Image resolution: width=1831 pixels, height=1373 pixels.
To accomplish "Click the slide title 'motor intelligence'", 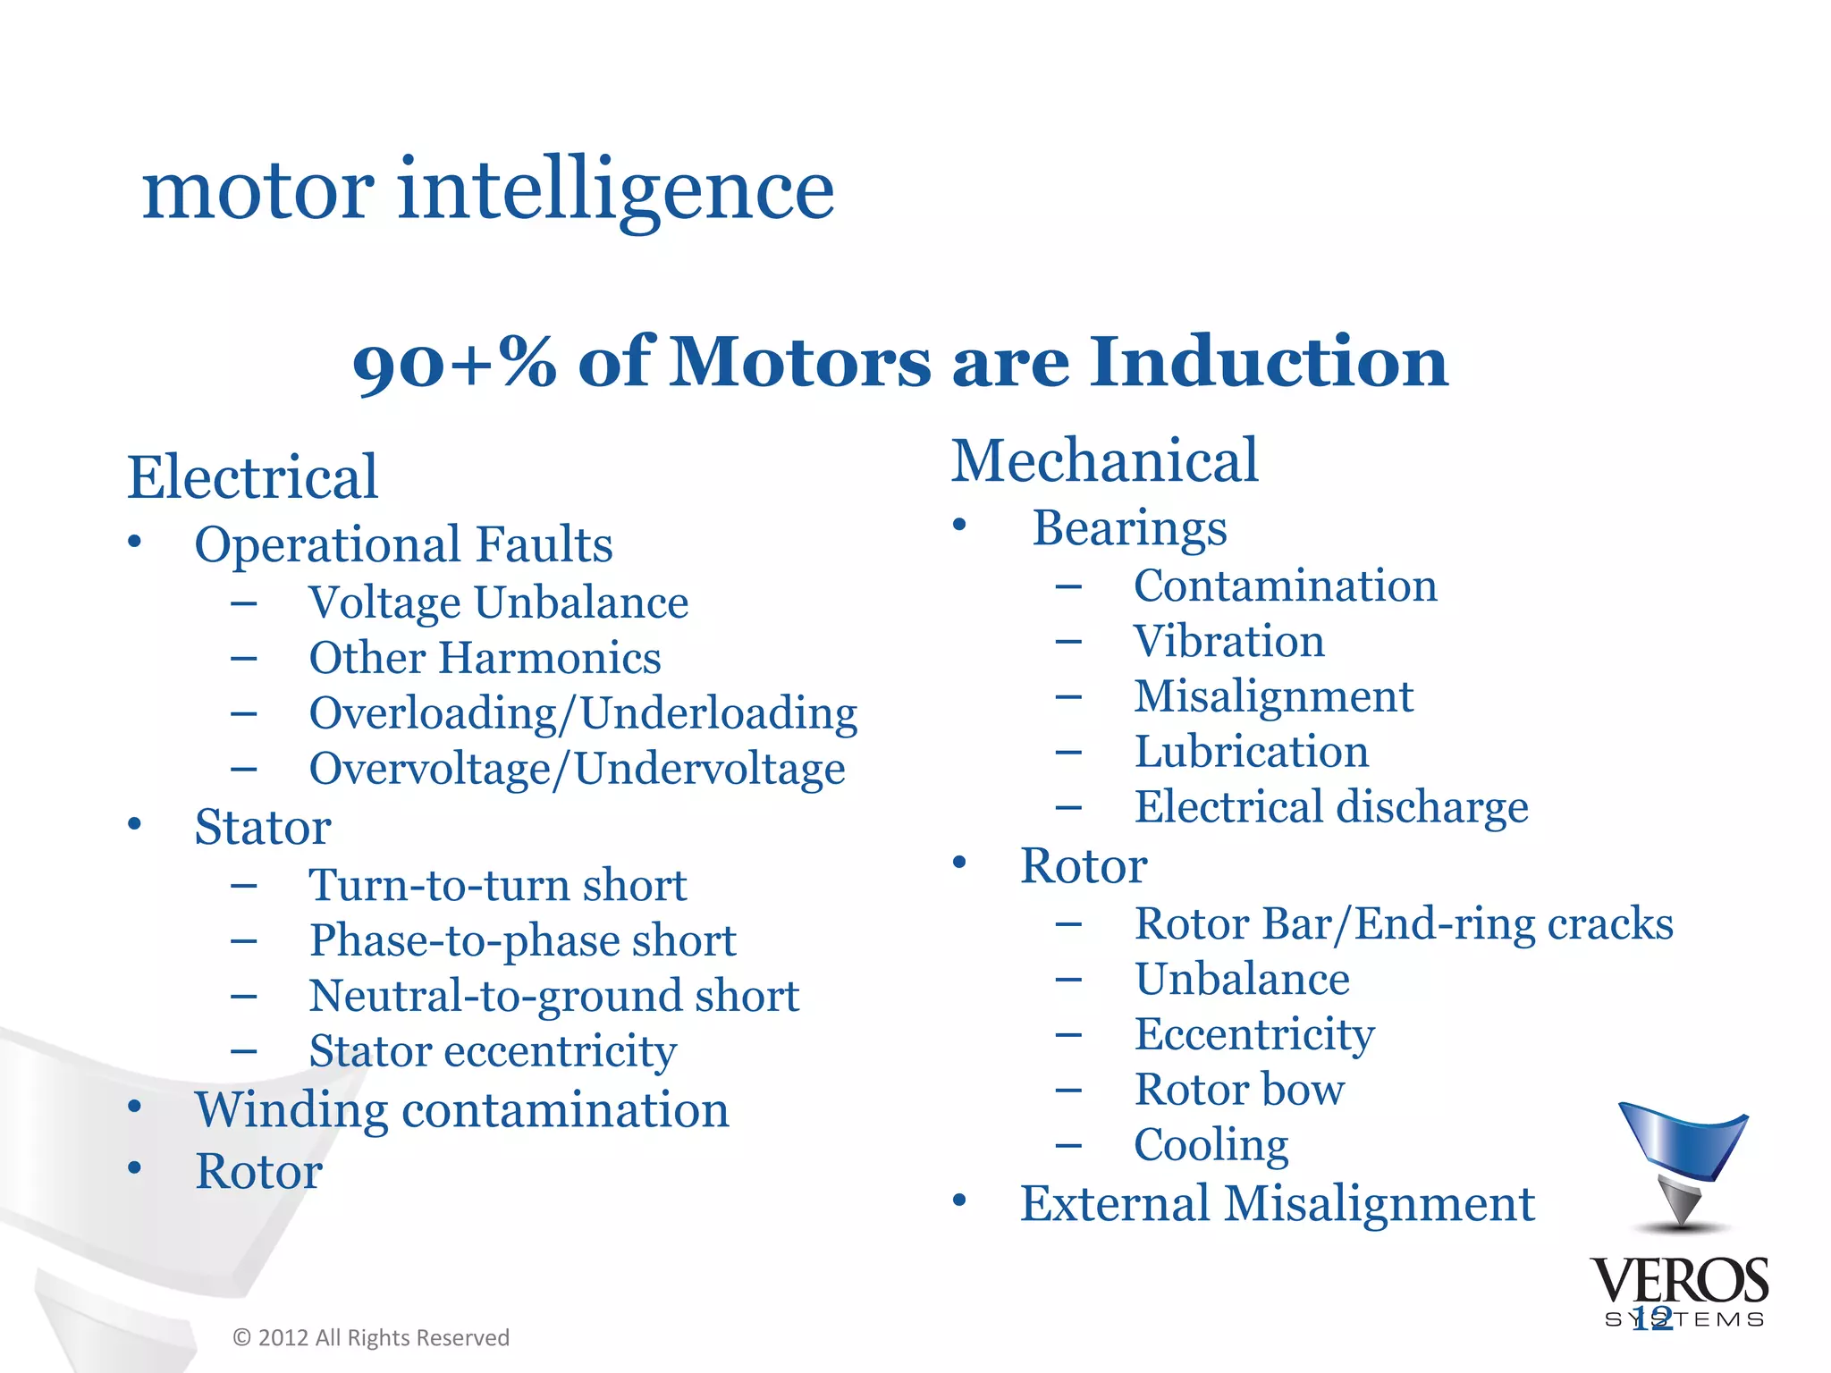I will click(x=488, y=190).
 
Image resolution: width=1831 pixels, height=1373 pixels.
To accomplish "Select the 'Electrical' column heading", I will click(x=252, y=477).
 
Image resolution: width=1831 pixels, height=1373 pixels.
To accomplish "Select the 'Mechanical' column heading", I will click(x=1104, y=461).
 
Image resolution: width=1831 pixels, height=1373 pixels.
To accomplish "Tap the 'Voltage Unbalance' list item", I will click(x=498, y=602).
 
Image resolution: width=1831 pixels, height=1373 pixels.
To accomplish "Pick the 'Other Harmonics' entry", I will click(x=485, y=658).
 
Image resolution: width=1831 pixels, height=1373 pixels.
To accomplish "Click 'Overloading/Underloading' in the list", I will click(x=583, y=713).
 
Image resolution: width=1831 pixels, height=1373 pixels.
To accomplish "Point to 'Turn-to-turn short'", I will click(x=497, y=885).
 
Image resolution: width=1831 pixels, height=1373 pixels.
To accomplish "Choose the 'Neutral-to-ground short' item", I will click(x=553, y=996).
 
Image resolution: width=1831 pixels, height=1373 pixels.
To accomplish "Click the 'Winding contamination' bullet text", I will click(x=462, y=1110).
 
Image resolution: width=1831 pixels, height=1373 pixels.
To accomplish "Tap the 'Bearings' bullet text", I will click(x=1129, y=527).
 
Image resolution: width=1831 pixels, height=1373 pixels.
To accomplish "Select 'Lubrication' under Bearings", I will click(x=1251, y=752).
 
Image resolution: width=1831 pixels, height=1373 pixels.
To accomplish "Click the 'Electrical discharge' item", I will click(x=1331, y=807).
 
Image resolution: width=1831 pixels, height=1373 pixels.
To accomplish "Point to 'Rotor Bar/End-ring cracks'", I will click(x=1404, y=923).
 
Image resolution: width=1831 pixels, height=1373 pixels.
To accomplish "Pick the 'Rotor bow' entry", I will click(x=1239, y=1090).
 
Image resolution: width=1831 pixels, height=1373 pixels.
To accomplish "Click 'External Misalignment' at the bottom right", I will click(x=1277, y=1203).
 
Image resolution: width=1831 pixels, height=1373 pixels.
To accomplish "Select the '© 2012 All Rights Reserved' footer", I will click(x=371, y=1338).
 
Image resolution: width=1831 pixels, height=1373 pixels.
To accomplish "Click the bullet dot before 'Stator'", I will click(x=134, y=823).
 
